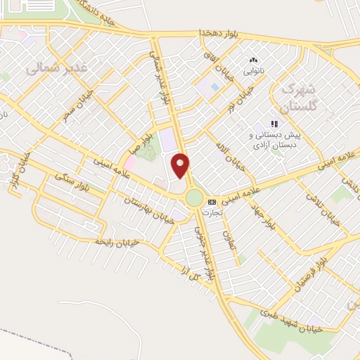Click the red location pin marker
point(181,165)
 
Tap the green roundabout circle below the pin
point(195,198)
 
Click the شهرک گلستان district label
point(295,98)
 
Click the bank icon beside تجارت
point(212,202)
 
